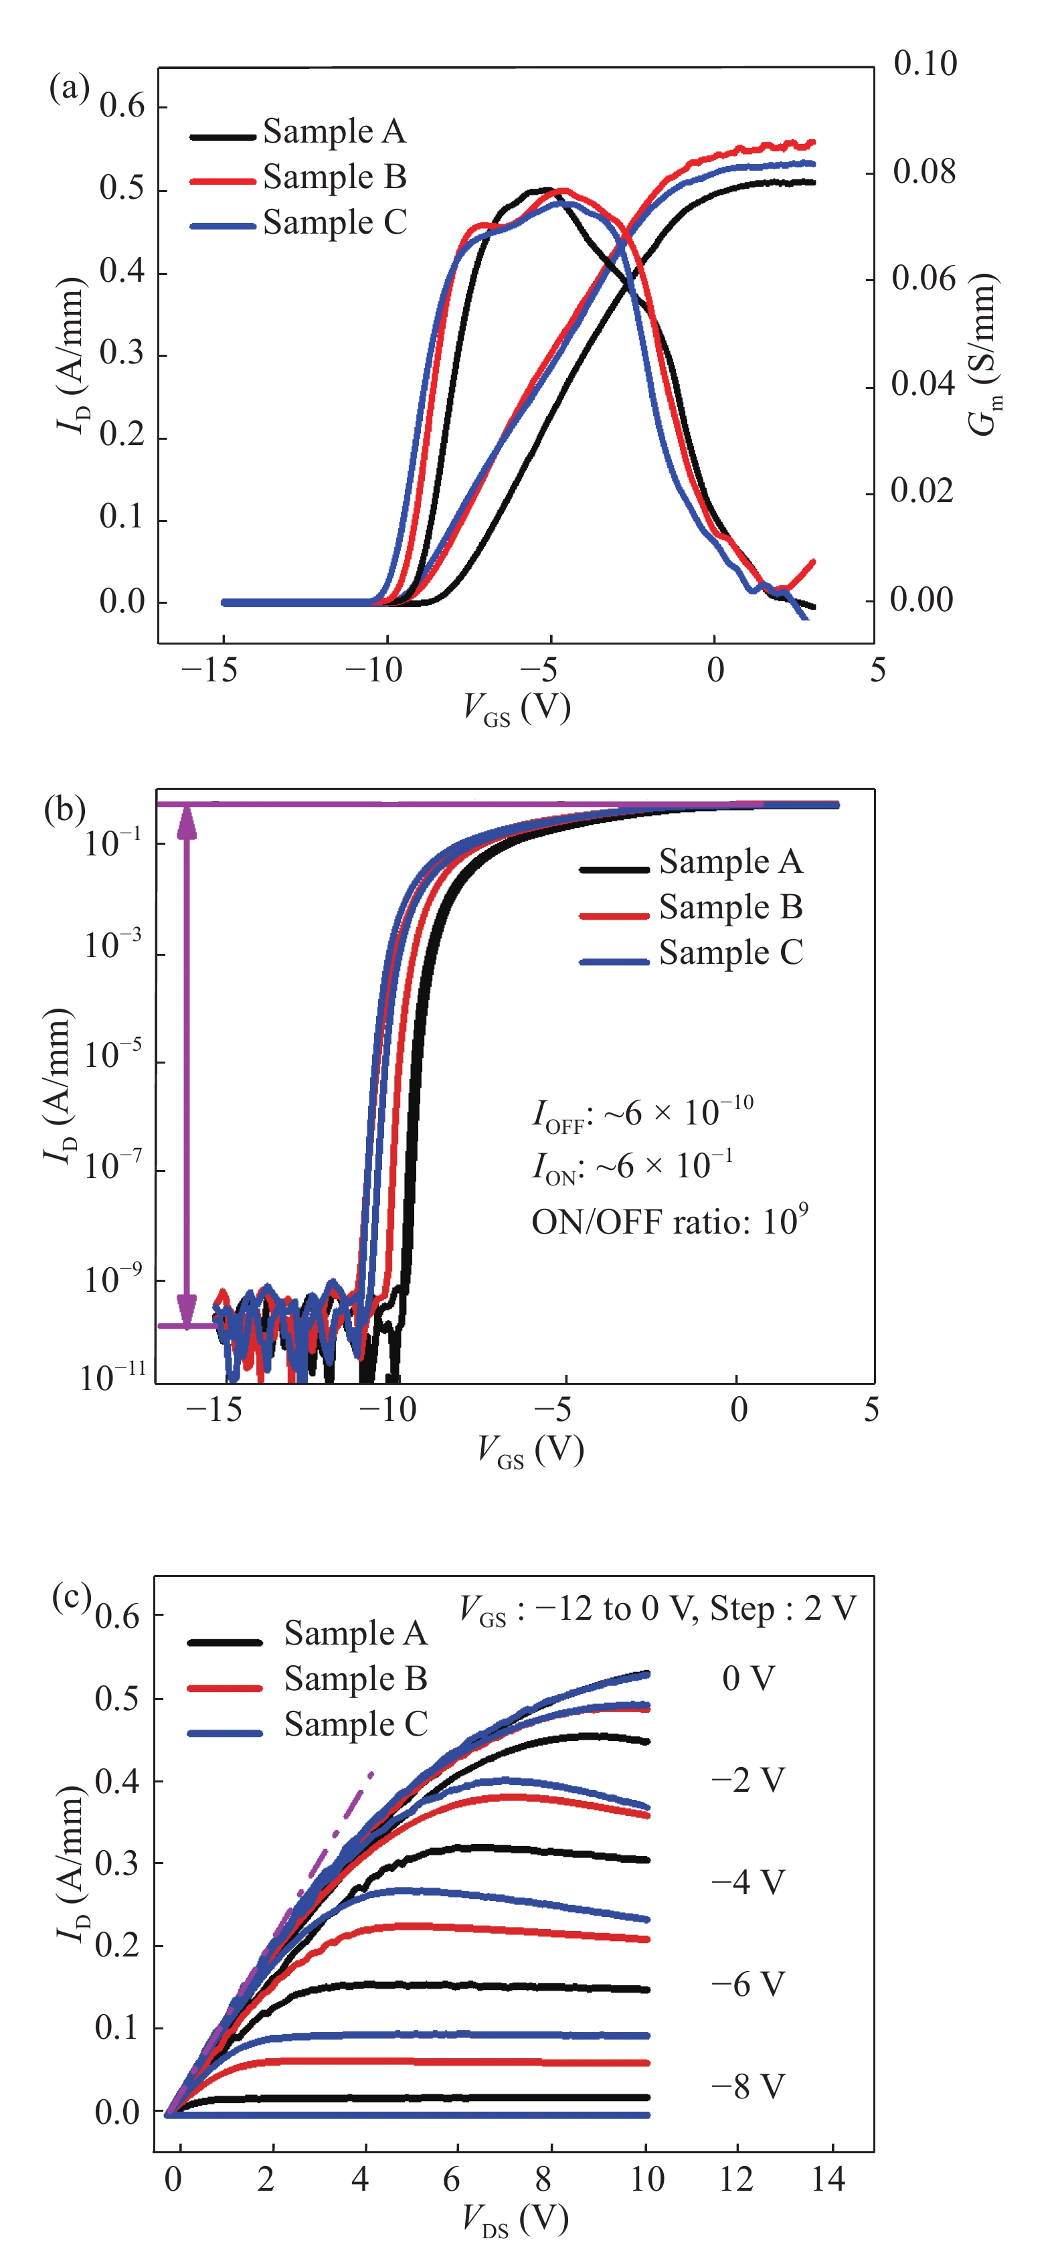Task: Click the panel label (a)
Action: coord(68,88)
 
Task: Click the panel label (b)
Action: coord(64,808)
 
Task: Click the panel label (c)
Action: coord(72,1596)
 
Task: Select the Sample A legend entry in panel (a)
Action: coord(334,131)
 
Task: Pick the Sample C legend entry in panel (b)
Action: coord(730,952)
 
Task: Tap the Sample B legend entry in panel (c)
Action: coord(355,1679)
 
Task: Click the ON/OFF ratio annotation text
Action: coord(669,1220)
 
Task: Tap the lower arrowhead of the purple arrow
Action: coord(187,1312)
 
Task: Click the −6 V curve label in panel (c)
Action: coord(748,1985)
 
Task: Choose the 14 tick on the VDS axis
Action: coord(828,2179)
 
